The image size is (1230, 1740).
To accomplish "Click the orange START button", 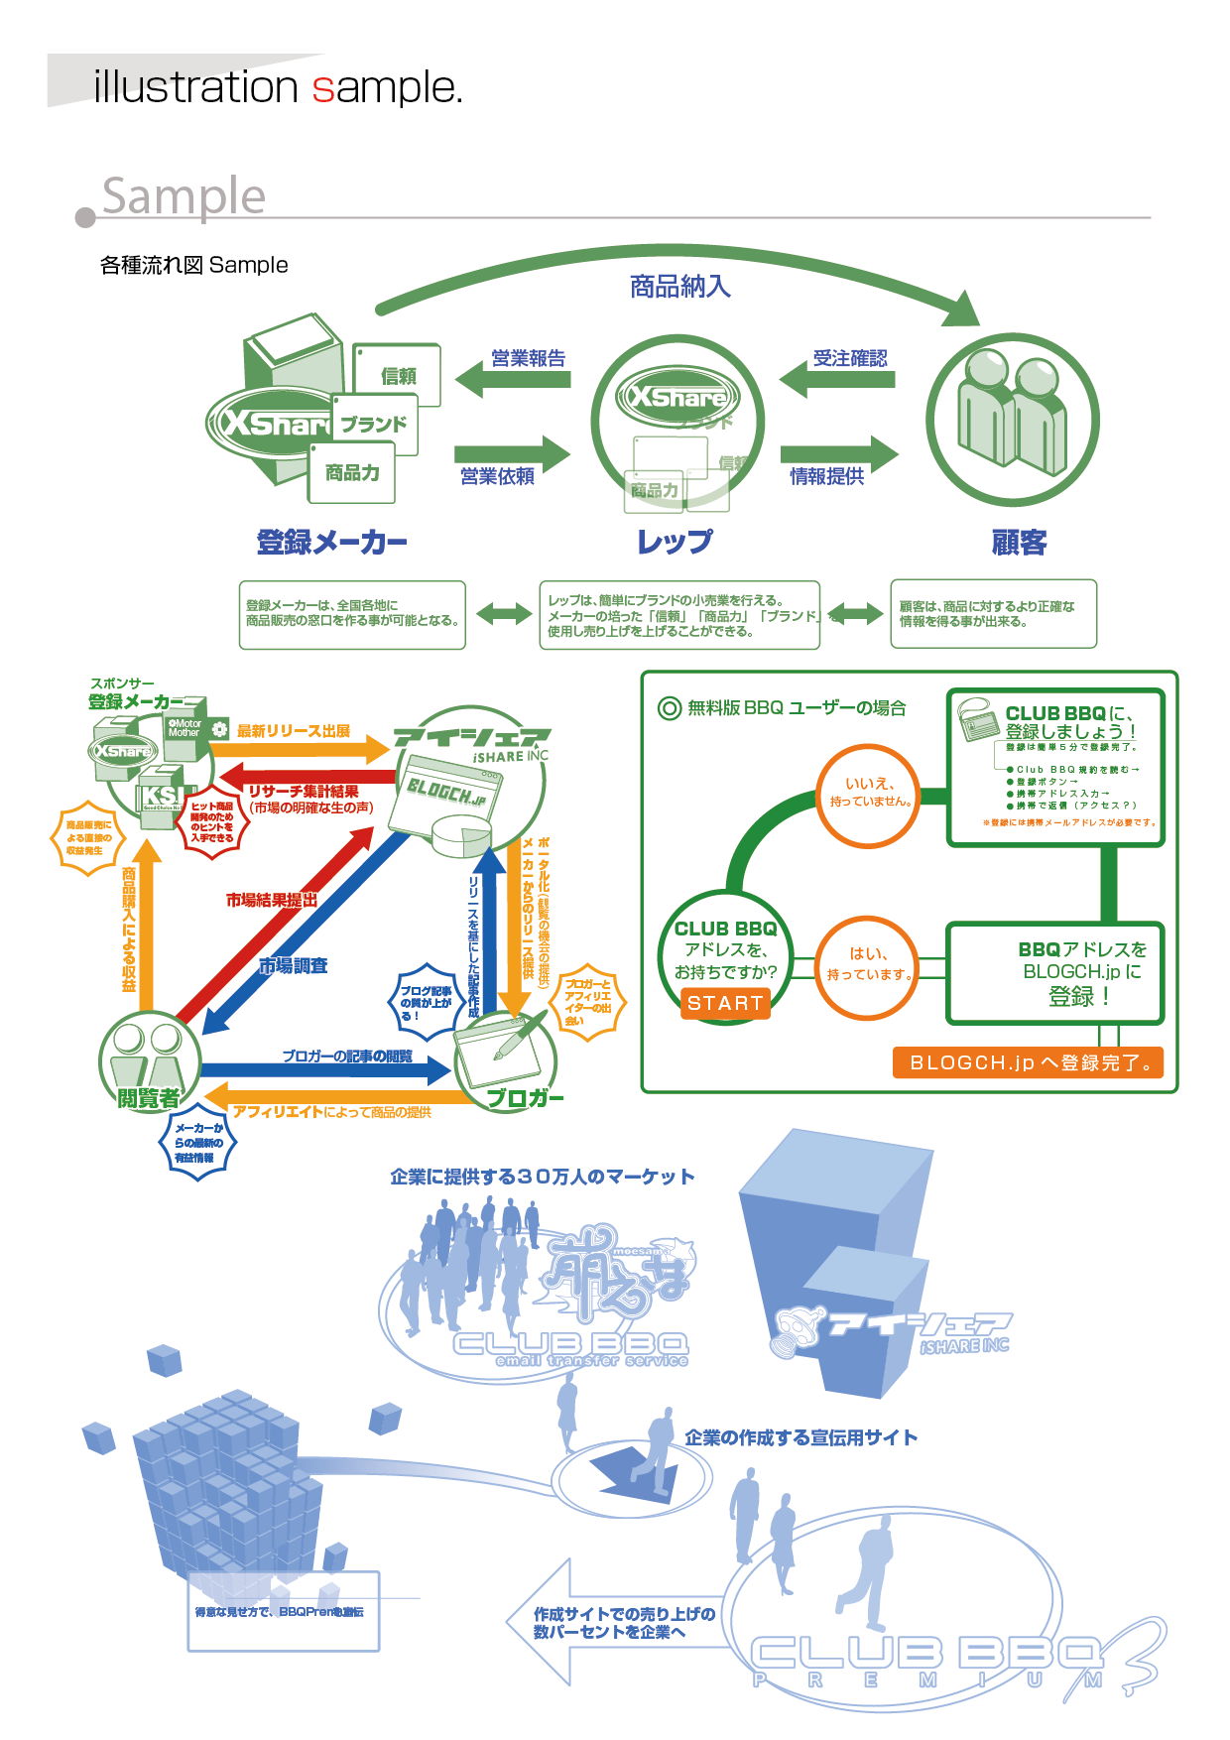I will (x=725, y=1003).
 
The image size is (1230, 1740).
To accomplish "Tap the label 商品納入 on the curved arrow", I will (x=680, y=287).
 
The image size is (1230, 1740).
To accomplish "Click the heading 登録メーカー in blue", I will (x=331, y=543).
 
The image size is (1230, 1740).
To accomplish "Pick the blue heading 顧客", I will (x=1019, y=543).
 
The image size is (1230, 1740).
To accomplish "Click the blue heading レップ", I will (x=675, y=543).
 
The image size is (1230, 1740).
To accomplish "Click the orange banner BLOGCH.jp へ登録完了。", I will (x=1028, y=1062).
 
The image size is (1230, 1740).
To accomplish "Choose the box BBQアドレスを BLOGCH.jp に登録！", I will (x=1054, y=973).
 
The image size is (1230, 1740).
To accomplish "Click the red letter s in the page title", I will (x=323, y=88).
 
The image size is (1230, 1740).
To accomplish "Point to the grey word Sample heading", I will (x=184, y=195).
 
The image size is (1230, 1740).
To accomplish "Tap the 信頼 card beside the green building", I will (x=398, y=374).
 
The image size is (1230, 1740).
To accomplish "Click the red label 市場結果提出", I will (x=271, y=900).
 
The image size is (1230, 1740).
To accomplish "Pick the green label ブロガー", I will (x=525, y=1098).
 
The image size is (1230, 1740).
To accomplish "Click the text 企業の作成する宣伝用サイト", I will (x=800, y=1437).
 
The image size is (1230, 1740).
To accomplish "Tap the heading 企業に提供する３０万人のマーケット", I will (x=542, y=1177).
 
